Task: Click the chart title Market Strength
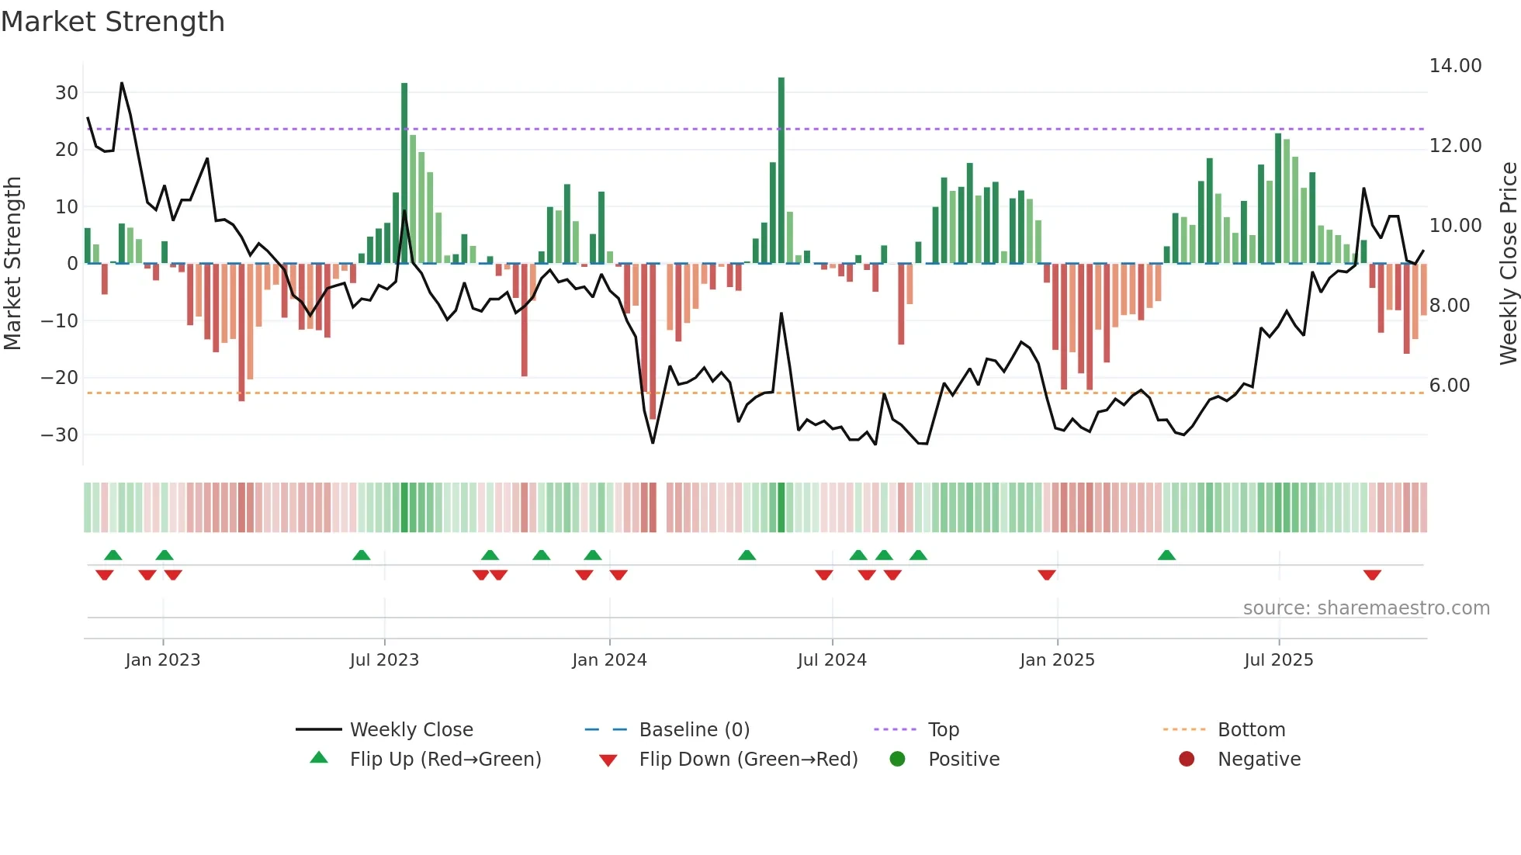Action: click(113, 22)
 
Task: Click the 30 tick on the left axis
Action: click(67, 93)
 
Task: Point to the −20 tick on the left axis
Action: click(60, 378)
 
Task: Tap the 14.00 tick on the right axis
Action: click(1455, 66)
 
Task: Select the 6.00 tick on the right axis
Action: click(1449, 386)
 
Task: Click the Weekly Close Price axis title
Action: click(1508, 264)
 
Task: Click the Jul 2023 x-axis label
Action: click(384, 660)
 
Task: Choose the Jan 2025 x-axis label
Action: click(1057, 660)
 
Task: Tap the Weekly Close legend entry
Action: click(411, 730)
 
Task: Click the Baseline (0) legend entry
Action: click(694, 730)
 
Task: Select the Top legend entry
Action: click(944, 730)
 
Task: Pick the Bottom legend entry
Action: click(1251, 730)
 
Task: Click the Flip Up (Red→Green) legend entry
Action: click(445, 760)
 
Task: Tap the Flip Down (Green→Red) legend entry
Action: click(748, 760)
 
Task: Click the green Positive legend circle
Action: click(898, 760)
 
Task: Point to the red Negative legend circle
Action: click(1187, 760)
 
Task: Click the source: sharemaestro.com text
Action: click(1366, 608)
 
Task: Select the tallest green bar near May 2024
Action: click(781, 171)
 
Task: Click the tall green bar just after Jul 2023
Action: click(404, 173)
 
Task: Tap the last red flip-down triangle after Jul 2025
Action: click(1372, 575)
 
